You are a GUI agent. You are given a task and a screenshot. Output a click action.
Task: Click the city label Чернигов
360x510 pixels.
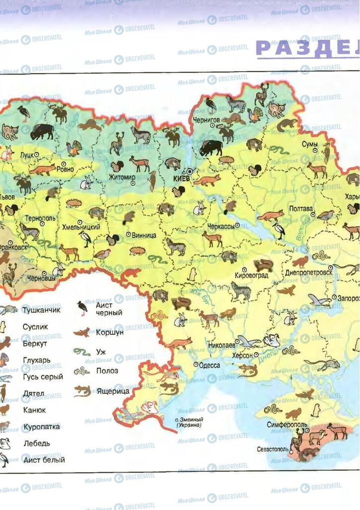pyautogui.click(x=206, y=120)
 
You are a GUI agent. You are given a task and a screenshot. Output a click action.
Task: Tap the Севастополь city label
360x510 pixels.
pyautogui.click(x=273, y=449)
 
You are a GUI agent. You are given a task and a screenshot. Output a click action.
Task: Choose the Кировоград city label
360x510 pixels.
pyautogui.click(x=252, y=275)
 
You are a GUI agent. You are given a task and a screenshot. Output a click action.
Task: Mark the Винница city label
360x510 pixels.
pyautogui.click(x=144, y=235)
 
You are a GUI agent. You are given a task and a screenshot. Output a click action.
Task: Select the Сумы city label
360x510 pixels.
pyautogui.click(x=310, y=144)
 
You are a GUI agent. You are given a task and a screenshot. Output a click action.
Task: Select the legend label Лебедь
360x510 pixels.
pyautogui.click(x=36, y=443)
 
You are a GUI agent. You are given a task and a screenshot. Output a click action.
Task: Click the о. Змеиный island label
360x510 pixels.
pyautogui.click(x=189, y=422)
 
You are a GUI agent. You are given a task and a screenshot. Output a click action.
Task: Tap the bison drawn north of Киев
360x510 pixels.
pyautogui.click(x=211, y=148)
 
